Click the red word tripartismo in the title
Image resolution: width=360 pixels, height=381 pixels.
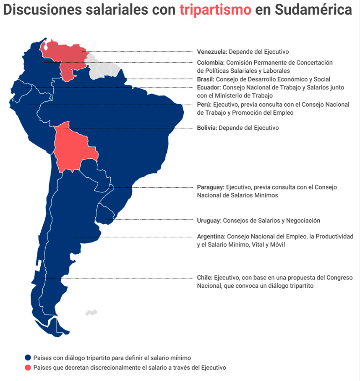(x=215, y=10)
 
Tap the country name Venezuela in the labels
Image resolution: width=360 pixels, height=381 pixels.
(x=212, y=52)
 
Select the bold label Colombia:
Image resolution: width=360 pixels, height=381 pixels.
(x=211, y=63)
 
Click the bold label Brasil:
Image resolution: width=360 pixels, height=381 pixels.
(x=206, y=79)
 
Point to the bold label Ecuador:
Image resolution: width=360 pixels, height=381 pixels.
(x=209, y=87)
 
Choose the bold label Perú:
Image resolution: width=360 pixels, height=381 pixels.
(x=204, y=105)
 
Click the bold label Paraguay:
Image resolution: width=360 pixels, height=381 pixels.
(x=211, y=187)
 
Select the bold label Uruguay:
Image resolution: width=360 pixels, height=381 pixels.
(x=209, y=220)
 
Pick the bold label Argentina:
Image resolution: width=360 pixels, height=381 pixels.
(x=211, y=236)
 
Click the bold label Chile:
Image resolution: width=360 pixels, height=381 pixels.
(x=205, y=278)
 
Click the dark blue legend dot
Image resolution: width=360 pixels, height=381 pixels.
(x=28, y=358)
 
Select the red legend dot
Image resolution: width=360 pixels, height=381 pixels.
(x=28, y=368)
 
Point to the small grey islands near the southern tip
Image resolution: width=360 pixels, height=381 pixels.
(x=91, y=313)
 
